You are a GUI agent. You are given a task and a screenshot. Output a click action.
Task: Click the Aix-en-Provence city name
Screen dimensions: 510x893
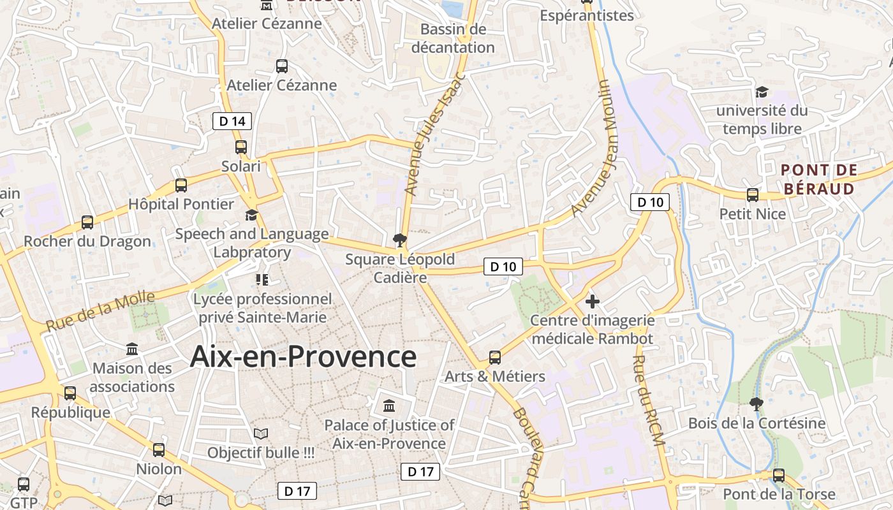point(303,357)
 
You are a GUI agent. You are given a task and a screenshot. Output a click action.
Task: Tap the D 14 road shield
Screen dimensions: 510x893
point(232,120)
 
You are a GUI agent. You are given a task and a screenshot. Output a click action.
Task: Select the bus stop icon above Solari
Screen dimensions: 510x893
point(241,147)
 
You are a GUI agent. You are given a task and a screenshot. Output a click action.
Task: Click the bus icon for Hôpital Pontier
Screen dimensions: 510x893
point(181,186)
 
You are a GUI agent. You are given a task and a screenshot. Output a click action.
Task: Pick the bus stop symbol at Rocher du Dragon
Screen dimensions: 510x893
point(87,222)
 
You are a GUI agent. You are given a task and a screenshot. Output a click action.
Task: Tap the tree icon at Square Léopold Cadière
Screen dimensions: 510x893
point(400,240)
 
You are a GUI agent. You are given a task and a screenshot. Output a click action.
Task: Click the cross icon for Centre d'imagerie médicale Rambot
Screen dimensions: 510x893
point(593,302)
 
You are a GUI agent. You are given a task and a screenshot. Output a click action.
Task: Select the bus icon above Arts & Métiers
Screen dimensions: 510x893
point(495,358)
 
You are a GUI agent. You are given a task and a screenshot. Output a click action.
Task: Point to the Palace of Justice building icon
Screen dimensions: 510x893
point(389,406)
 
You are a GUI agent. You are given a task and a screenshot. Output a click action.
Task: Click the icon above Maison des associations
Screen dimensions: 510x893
point(133,349)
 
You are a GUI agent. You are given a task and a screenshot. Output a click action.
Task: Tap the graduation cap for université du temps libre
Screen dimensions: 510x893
point(762,92)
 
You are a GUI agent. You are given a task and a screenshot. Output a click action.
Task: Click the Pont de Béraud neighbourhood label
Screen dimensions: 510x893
point(819,180)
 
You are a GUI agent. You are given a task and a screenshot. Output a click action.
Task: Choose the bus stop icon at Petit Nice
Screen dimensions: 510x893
point(753,195)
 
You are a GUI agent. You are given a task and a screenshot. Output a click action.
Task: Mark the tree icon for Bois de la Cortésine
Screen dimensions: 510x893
point(756,404)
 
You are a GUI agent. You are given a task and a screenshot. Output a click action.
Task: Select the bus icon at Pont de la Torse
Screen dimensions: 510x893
point(779,475)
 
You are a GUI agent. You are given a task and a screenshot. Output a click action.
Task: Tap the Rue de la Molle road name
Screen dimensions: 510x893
point(100,311)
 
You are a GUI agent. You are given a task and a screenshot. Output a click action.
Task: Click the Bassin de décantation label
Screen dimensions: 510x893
point(453,38)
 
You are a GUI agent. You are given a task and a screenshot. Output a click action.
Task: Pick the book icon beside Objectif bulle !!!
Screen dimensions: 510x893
point(260,434)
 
